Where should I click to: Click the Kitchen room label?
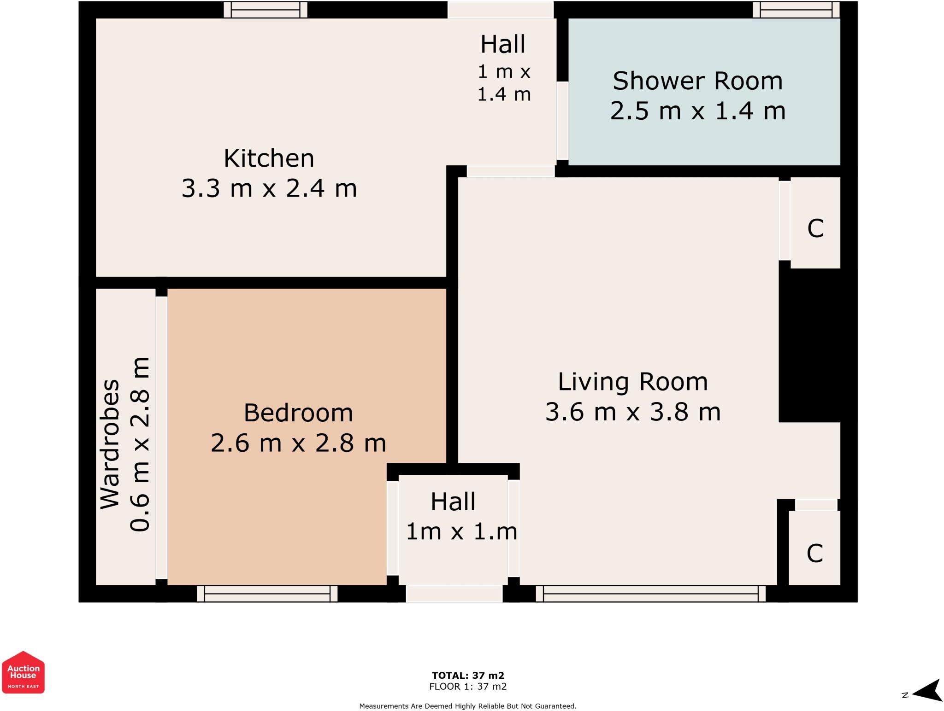click(269, 158)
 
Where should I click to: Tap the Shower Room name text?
click(697, 81)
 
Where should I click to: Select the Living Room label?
click(633, 382)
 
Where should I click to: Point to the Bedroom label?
click(298, 413)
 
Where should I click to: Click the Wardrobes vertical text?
click(110, 444)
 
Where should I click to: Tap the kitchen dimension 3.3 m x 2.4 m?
click(269, 188)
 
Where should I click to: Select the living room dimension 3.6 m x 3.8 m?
click(633, 412)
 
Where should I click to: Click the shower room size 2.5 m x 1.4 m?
click(698, 111)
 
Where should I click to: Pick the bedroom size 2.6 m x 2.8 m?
click(298, 443)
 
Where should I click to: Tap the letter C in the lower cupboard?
click(815, 553)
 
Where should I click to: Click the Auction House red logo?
click(24, 672)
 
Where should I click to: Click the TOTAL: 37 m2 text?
click(468, 676)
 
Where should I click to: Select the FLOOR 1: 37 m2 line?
click(468, 687)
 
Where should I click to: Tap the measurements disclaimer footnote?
click(468, 706)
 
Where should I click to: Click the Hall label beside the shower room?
click(503, 45)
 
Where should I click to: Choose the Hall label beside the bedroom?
click(453, 501)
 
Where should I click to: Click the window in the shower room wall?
click(796, 10)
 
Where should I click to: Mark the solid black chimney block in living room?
click(810, 345)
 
